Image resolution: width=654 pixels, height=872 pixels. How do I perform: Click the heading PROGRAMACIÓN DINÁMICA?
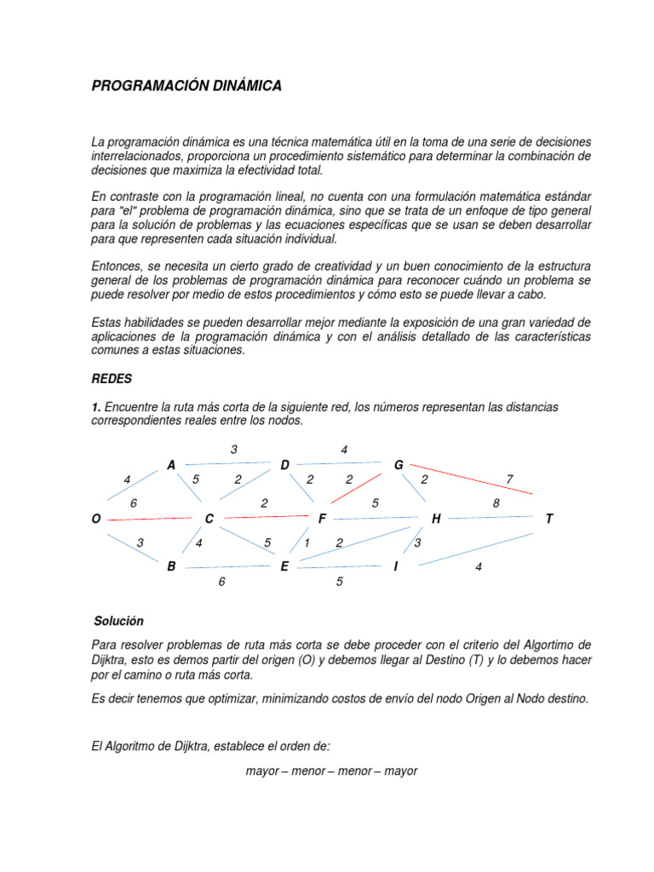coord(186,86)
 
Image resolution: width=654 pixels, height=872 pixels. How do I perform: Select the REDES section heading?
coord(111,378)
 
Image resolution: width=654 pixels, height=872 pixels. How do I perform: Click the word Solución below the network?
coord(119,622)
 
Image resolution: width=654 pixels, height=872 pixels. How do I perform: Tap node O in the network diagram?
coord(95,519)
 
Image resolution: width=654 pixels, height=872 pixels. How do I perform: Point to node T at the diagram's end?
coord(549,519)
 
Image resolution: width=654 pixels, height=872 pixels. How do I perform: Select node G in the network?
coord(399,465)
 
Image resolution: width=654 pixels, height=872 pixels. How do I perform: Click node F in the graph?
coord(322,519)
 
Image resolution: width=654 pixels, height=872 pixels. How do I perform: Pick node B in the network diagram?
coord(171,566)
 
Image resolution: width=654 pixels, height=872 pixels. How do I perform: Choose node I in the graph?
coord(395,566)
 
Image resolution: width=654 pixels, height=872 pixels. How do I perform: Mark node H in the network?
coord(436,519)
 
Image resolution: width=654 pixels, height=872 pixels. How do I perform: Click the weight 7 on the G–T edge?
coord(509,479)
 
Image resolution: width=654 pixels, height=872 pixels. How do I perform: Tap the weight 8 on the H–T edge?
coord(496,503)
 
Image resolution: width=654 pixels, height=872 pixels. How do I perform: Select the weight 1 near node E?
coord(307,542)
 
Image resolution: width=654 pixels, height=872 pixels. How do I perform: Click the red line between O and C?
coord(149,518)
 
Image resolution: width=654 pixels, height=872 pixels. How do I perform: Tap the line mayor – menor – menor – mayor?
coord(331,771)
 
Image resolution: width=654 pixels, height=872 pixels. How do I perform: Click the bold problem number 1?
coord(96,407)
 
